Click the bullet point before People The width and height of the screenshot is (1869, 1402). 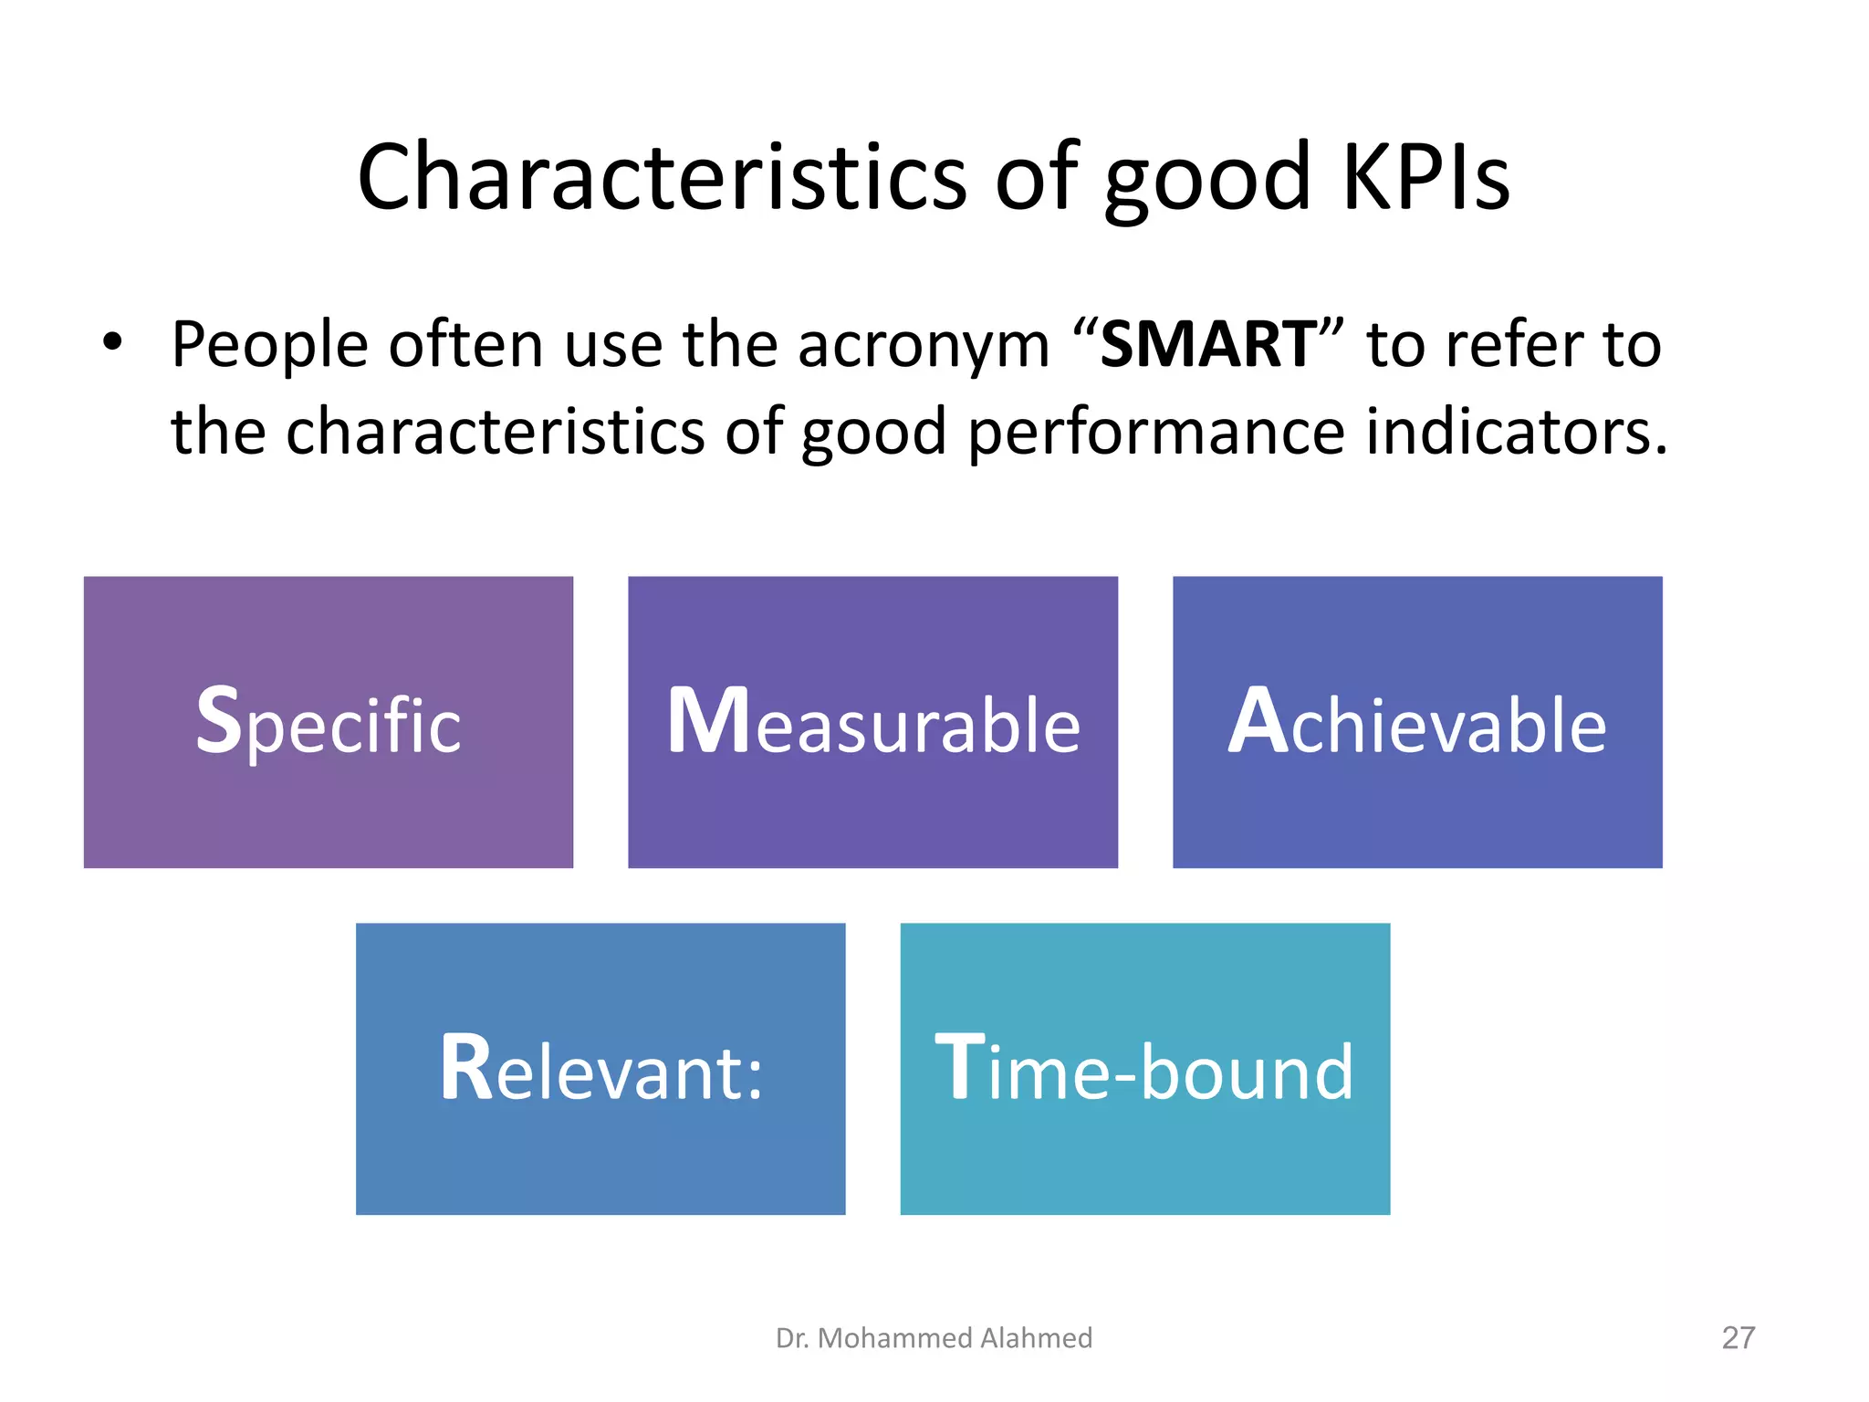112,343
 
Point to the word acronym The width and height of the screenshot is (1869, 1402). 923,347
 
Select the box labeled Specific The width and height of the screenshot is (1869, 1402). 328,721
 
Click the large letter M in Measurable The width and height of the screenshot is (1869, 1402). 708,721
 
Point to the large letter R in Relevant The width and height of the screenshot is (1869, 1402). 466,1068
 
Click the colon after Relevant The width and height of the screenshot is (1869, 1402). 754,1077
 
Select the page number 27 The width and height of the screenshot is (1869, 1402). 1738,1337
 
